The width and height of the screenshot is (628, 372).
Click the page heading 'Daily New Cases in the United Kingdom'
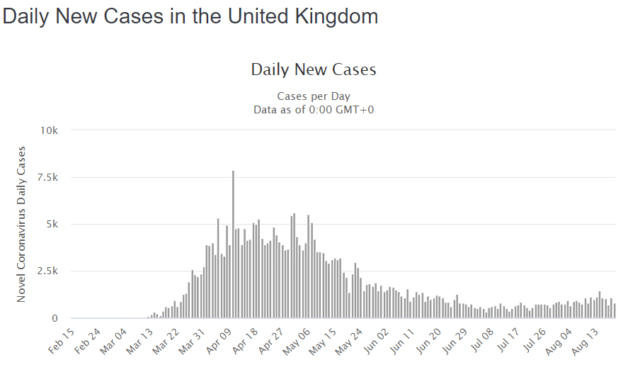[190, 16]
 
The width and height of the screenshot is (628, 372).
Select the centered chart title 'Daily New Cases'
[314, 69]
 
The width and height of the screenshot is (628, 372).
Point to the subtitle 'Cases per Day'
[314, 96]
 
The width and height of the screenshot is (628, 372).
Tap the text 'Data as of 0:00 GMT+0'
[314, 109]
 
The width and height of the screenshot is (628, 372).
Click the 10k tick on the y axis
[52, 130]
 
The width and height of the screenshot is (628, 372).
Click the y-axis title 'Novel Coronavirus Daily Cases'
[22, 224]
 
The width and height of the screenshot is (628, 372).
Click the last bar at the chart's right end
[615, 311]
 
